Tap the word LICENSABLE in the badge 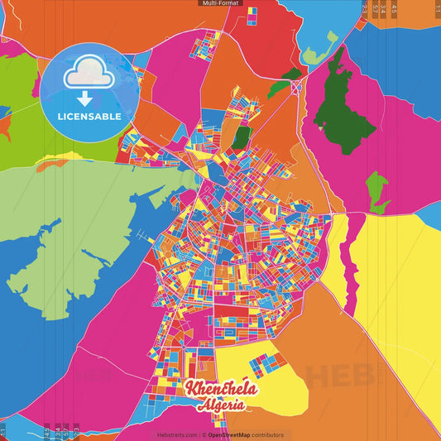[89, 117]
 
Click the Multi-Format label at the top [220, 3]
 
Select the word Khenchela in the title [221, 389]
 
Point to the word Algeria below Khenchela [221, 405]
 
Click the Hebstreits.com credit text [176, 434]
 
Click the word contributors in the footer [267, 434]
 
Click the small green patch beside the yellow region [378, 192]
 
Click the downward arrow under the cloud [88, 90]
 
